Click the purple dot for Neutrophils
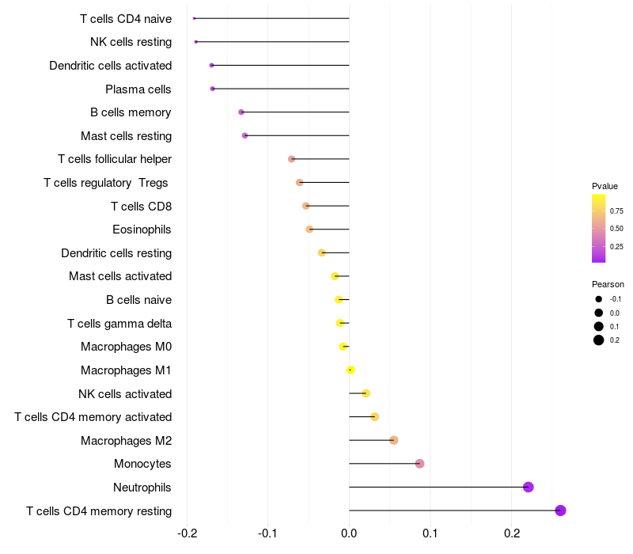pos(529,487)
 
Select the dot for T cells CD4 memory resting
pos(561,510)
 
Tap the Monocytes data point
pos(419,464)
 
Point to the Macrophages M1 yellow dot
pos(351,370)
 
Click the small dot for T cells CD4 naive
pos(194,18)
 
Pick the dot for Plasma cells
pos(213,89)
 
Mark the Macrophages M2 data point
pos(393,440)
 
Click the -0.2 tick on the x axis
pos(187,532)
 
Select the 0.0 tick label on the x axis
pos(349,532)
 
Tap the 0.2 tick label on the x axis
pos(511,532)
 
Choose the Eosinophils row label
pos(142,230)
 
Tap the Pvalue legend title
pos(605,186)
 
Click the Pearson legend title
pos(608,284)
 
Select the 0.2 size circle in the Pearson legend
pos(599,340)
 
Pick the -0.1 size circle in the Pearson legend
pos(599,299)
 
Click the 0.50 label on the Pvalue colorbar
pos(616,229)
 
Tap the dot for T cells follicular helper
pos(291,159)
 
